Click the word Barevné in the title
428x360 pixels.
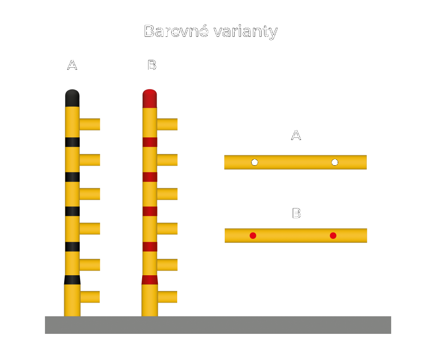(176, 31)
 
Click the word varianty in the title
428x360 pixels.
(246, 32)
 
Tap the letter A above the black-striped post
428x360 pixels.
(72, 65)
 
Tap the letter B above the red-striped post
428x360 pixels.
(152, 65)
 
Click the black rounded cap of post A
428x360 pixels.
(72, 98)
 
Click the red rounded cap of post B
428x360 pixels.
(149, 98)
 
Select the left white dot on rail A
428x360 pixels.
(255, 162)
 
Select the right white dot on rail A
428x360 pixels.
(335, 162)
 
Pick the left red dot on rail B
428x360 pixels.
(253, 235)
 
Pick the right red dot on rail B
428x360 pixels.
(333, 235)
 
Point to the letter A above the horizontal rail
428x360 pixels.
(296, 135)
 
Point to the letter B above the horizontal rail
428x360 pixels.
(297, 213)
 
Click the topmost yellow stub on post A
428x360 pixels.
(90, 124)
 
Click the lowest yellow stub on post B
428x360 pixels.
(168, 297)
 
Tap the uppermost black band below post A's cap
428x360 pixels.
(72, 142)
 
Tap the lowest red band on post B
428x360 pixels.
(149, 280)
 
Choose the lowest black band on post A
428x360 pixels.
(72, 280)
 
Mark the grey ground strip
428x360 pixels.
(218, 325)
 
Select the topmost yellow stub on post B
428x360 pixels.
(167, 124)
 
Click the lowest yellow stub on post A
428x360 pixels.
(90, 297)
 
